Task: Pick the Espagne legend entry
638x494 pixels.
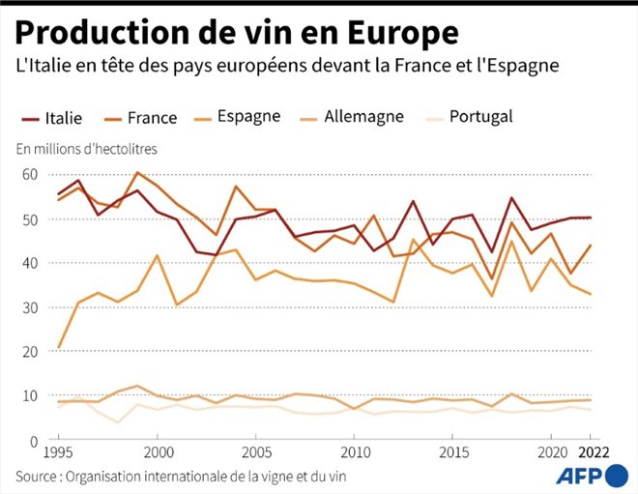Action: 248,116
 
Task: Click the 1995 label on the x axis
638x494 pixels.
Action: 58,452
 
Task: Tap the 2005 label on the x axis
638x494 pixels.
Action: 257,452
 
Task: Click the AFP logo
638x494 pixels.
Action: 591,476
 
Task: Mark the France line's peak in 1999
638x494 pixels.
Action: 138,173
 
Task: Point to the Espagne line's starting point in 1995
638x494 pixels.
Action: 59,347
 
